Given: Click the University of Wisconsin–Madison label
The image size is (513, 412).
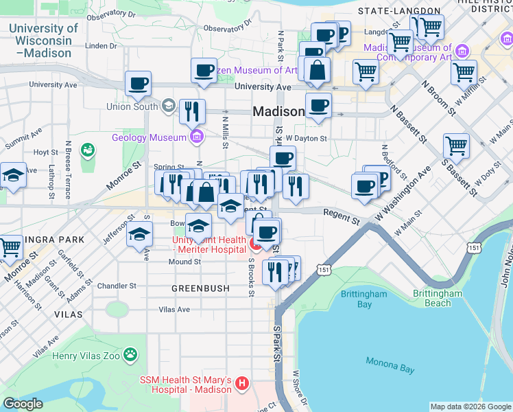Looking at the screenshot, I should coord(43,41).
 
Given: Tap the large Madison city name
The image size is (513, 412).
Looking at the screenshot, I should coord(278,111).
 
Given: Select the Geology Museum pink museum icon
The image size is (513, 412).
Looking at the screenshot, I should coord(198,137).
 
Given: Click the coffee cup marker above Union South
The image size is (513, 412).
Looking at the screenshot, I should coord(138,84).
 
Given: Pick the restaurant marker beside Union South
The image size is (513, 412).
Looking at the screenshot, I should coord(192,111).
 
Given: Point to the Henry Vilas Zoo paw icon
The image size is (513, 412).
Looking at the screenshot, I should coord(130,355).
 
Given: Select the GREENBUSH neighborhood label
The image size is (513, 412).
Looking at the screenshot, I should coord(200,288).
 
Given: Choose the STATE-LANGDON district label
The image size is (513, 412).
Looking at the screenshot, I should coord(399,11).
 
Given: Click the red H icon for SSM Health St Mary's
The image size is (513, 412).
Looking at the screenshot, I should coord(241,384).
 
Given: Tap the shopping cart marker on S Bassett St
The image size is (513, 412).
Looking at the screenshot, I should coord(456,146).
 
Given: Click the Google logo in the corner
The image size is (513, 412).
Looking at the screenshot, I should coord(23,404).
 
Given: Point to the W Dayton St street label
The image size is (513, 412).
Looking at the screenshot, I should coord(307,138).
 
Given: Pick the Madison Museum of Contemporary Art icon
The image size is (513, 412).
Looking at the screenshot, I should coord(462,51).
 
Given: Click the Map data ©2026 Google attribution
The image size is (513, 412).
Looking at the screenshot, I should coord(470,407).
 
